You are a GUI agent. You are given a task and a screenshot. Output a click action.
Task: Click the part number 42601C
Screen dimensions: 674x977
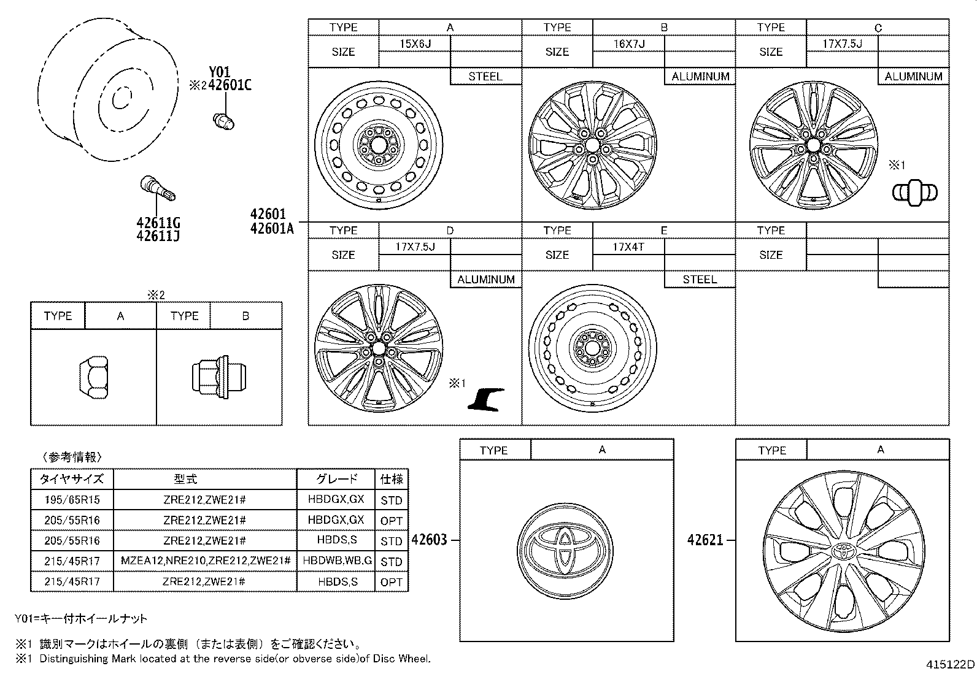tap(230, 86)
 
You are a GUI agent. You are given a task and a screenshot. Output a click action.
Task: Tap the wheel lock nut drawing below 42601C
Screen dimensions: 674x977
tap(224, 120)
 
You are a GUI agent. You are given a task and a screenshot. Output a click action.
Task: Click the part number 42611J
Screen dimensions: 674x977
tap(158, 236)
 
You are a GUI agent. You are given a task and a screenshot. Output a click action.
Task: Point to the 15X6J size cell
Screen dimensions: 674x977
tap(415, 44)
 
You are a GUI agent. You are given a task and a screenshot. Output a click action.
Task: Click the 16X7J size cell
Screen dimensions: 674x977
tap(629, 44)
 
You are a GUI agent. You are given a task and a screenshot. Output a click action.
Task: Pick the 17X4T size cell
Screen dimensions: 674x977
tap(628, 247)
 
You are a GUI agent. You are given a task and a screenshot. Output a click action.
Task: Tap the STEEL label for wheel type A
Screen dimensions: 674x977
tap(485, 77)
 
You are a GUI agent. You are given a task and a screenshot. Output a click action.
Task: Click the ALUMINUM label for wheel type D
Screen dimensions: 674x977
tap(485, 280)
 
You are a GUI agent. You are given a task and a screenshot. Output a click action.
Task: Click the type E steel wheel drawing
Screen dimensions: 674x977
tap(592, 348)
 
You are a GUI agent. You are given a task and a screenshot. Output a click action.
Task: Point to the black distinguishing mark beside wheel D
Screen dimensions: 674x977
tap(486, 399)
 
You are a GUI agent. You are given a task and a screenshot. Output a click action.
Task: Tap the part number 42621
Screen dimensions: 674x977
tap(705, 540)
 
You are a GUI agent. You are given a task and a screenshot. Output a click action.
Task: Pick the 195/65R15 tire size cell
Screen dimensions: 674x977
tap(72, 500)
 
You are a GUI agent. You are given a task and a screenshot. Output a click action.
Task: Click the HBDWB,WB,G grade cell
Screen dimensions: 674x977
tap(336, 561)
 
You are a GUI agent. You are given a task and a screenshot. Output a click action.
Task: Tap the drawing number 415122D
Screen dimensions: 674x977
tap(950, 664)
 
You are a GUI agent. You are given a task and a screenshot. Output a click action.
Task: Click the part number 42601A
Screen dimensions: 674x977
tap(272, 229)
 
